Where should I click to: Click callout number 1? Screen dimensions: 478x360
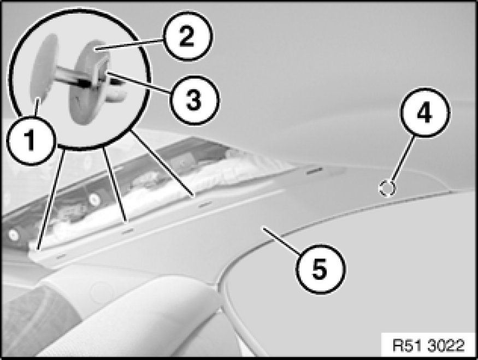[x=31, y=141]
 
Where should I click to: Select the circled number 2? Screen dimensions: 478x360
[x=186, y=36]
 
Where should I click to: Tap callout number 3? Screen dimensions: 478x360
[x=193, y=100]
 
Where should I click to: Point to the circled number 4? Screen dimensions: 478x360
[x=424, y=113]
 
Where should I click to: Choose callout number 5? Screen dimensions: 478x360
[x=320, y=269]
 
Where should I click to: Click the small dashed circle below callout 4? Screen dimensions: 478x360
[x=387, y=188]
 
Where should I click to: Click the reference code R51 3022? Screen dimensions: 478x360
[x=428, y=346]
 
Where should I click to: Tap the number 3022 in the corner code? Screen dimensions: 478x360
[x=446, y=346]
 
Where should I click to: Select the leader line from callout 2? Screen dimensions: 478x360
[x=129, y=44]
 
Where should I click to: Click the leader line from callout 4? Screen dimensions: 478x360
[x=403, y=159]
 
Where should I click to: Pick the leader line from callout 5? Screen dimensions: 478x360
[x=281, y=240]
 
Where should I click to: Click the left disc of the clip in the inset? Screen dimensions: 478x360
[x=43, y=69]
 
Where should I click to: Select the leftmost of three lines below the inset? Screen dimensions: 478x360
[x=51, y=199]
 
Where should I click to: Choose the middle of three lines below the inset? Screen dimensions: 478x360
[x=115, y=184]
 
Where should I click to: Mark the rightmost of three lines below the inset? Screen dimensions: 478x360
[x=162, y=163]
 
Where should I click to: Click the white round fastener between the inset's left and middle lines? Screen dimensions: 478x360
[x=94, y=199]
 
